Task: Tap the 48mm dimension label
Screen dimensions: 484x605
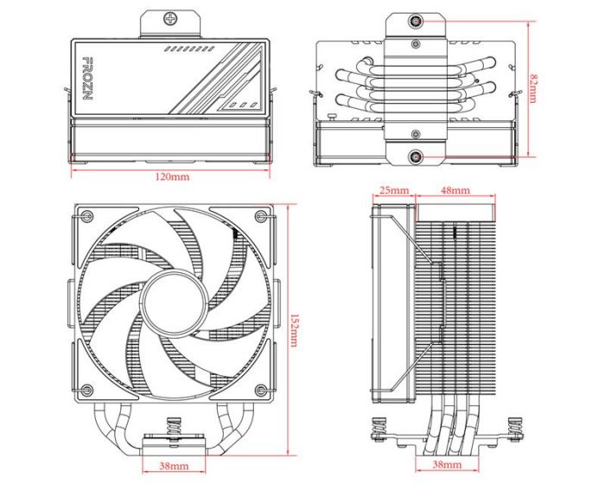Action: point(455,189)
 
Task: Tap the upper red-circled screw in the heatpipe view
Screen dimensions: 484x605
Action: point(417,22)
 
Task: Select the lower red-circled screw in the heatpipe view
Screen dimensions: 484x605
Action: point(417,157)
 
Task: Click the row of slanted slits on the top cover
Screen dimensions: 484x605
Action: point(190,49)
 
